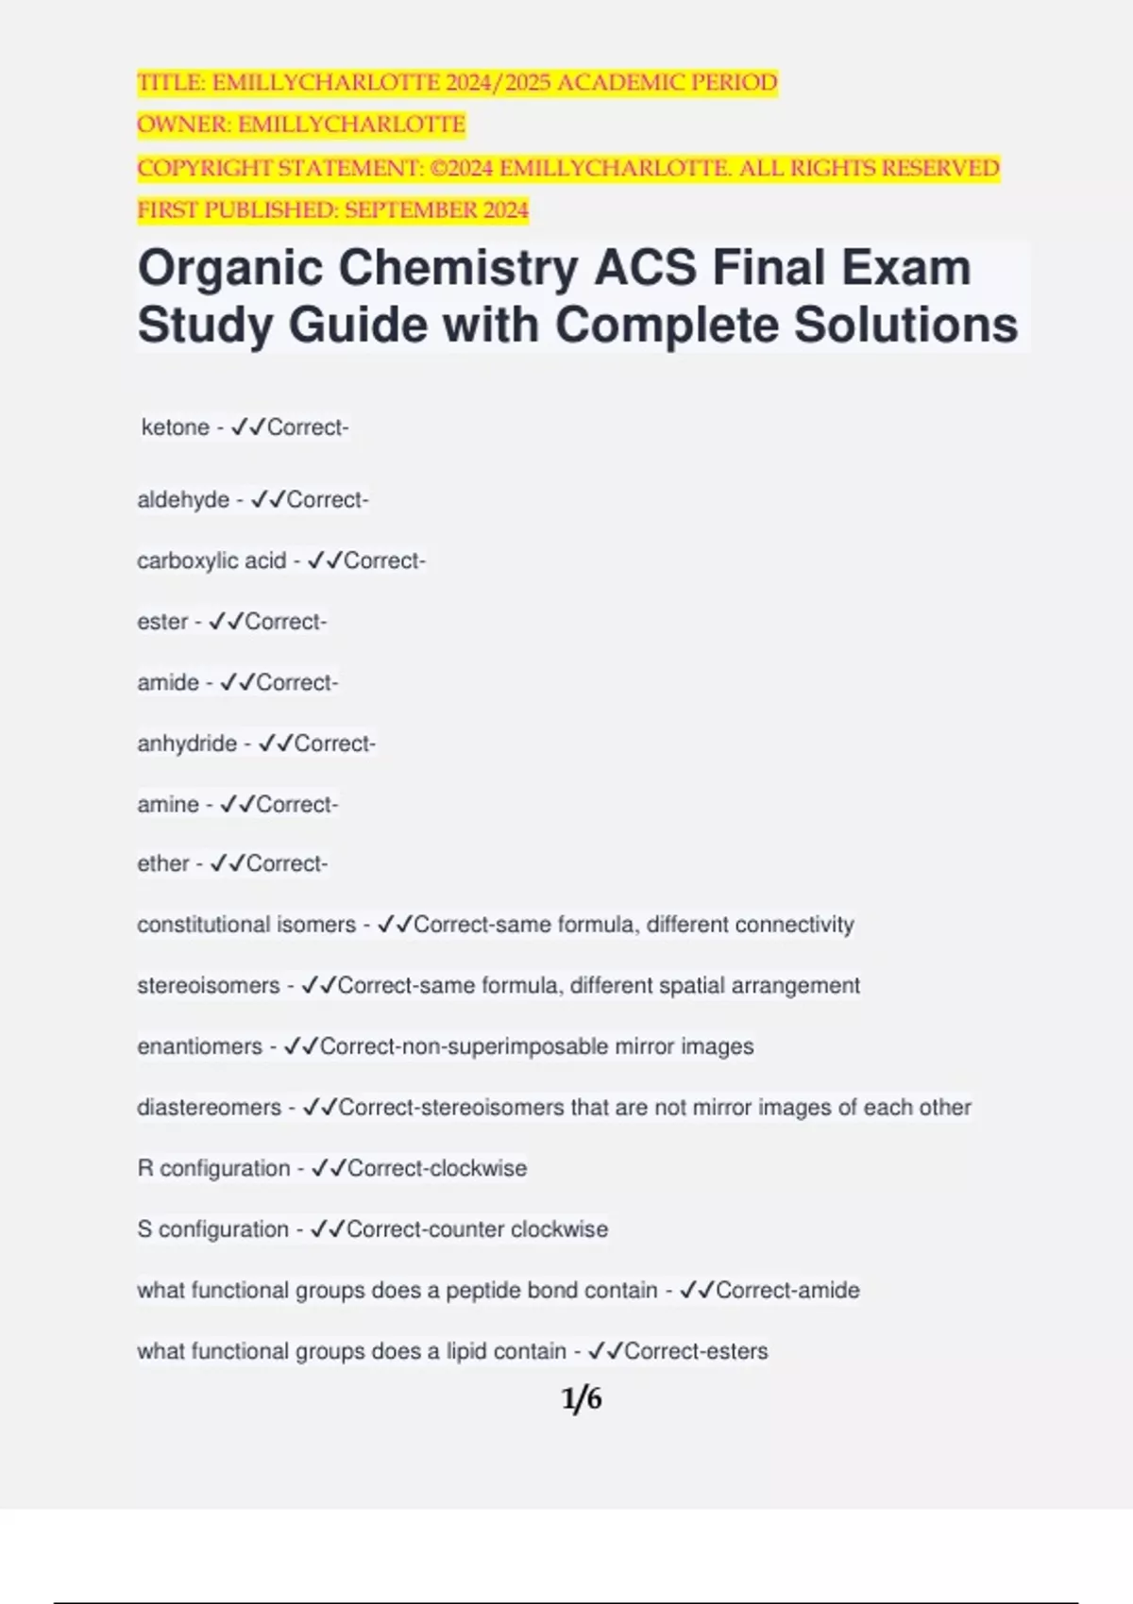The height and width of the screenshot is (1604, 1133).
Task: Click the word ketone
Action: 175,427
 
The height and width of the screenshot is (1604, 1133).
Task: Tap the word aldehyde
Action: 183,500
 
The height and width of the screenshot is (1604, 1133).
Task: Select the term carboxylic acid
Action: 211,561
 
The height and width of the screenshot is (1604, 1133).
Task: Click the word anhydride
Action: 187,744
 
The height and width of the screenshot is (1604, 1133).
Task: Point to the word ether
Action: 163,863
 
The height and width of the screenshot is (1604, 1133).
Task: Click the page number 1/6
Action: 582,1398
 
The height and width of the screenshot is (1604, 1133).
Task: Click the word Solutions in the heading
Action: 905,326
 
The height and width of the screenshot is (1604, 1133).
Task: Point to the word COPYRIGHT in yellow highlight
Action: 195,168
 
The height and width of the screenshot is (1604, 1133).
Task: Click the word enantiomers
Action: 199,1046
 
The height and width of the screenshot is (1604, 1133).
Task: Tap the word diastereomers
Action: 209,1107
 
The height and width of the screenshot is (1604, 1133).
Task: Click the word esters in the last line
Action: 743,1351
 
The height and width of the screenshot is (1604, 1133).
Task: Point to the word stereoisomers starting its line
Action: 208,985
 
